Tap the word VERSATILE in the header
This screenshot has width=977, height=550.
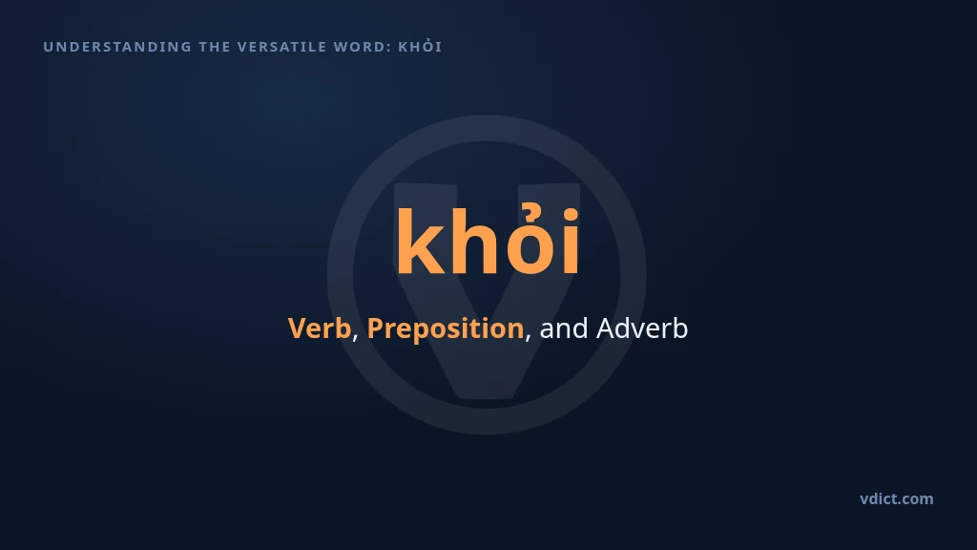click(282, 47)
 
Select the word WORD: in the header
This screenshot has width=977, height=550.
click(363, 47)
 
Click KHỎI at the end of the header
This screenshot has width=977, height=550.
click(420, 46)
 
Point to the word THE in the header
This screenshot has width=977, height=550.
click(215, 47)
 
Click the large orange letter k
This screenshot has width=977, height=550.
click(421, 241)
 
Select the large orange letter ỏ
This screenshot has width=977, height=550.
click(530, 240)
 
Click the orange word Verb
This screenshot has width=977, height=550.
click(319, 328)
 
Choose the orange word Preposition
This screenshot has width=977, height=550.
click(446, 328)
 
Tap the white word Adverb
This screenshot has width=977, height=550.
click(642, 328)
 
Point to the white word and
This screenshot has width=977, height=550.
click(563, 328)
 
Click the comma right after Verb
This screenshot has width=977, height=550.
click(355, 337)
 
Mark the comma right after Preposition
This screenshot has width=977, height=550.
click(528, 337)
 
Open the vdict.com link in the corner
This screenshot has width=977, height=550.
click(897, 498)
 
